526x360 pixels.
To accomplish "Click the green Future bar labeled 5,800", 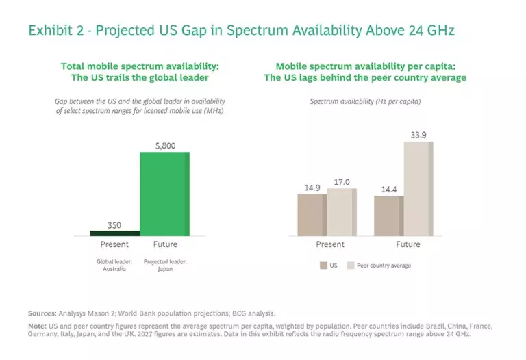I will pyautogui.click(x=164, y=194).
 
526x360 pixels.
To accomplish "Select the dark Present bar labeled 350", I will pyautogui.click(x=114, y=233).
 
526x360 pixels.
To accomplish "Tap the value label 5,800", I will pyautogui.click(x=164, y=145).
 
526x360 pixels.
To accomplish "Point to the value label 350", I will pyautogui.click(x=114, y=224).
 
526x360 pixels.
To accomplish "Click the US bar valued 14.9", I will pyautogui.click(x=312, y=215).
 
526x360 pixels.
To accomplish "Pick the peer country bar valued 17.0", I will pyautogui.click(x=342, y=212).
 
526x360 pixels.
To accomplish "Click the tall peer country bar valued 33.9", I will pyautogui.click(x=418, y=188).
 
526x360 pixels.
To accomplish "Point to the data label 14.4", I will pyautogui.click(x=388, y=189).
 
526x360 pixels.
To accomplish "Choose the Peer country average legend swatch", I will pyautogui.click(x=351, y=265).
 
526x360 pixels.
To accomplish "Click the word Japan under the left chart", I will pyautogui.click(x=165, y=269).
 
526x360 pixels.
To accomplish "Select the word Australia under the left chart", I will pyautogui.click(x=114, y=269).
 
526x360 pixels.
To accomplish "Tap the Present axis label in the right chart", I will pyautogui.click(x=329, y=244).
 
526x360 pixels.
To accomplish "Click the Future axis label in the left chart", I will pyautogui.click(x=164, y=244).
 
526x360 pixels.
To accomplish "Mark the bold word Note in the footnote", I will pyautogui.click(x=37, y=327).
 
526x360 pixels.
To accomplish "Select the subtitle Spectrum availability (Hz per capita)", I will pyautogui.click(x=365, y=101).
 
